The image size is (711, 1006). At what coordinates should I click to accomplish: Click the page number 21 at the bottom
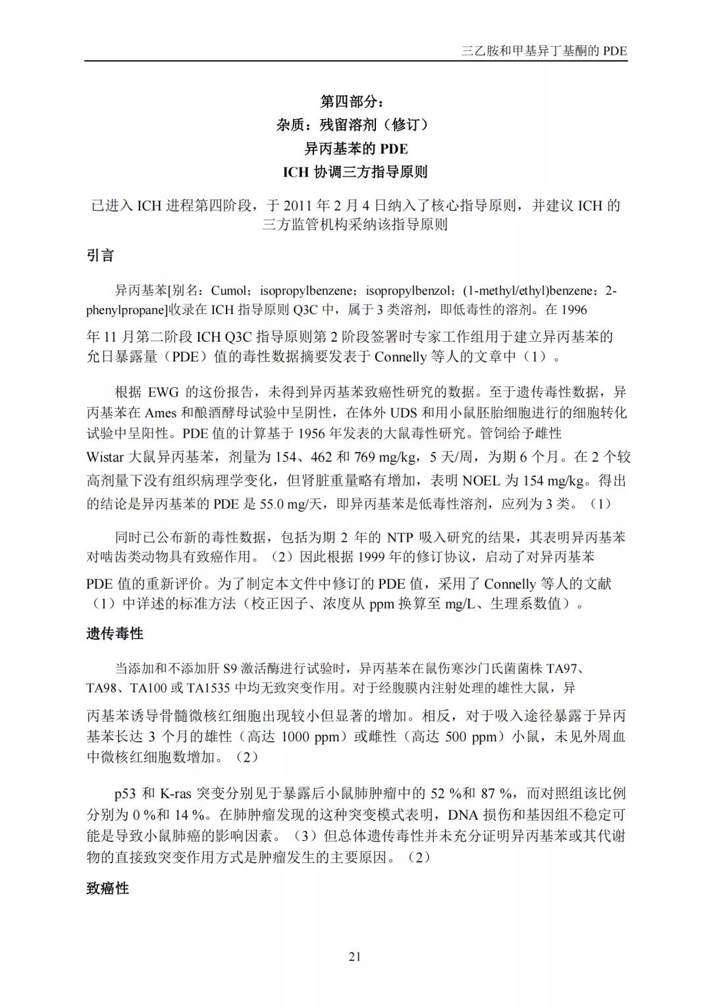(355, 957)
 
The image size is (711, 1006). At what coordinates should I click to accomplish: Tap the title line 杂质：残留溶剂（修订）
(355, 124)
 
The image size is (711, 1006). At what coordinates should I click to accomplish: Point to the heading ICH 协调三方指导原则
(355, 172)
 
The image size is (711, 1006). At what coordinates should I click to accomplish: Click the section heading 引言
(101, 255)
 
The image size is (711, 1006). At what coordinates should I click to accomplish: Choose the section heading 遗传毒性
(115, 633)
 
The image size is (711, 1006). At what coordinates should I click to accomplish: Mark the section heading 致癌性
(107, 888)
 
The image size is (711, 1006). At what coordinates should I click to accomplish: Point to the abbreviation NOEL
(482, 481)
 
